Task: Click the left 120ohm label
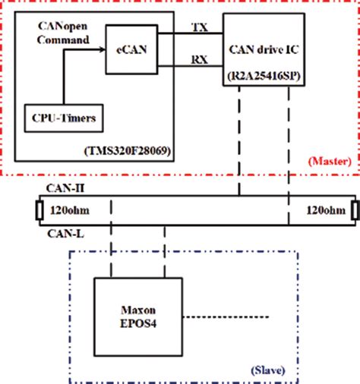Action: (x=66, y=209)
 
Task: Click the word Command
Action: (x=63, y=37)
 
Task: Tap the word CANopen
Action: (x=63, y=25)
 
